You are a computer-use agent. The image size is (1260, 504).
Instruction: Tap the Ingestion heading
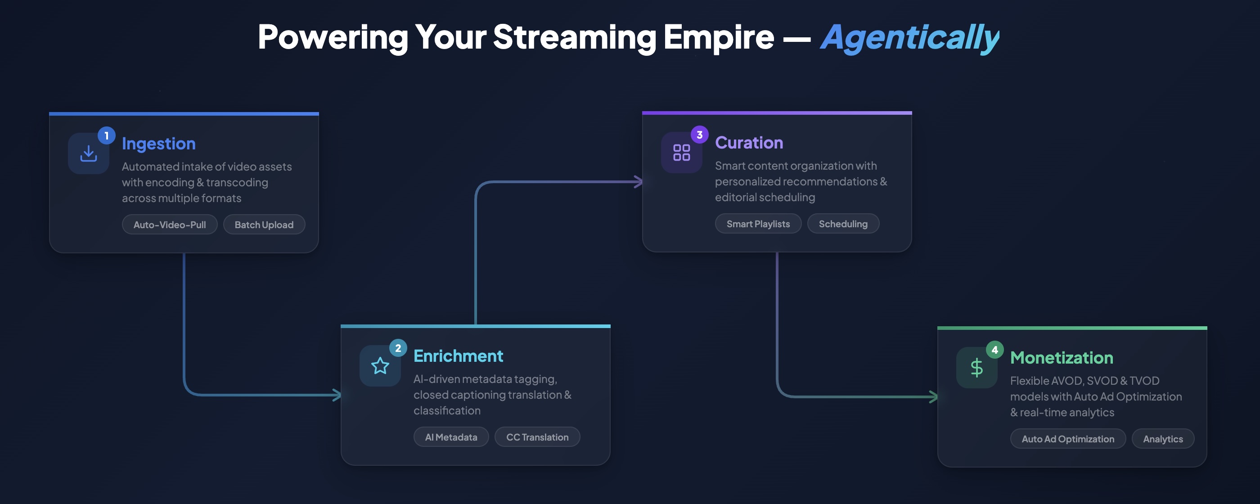pyautogui.click(x=158, y=144)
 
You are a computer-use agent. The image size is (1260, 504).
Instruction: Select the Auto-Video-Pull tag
pyautogui.click(x=169, y=225)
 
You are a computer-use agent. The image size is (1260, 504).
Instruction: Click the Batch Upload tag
pyautogui.click(x=264, y=225)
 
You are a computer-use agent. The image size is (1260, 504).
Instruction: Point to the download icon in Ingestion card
pyautogui.click(x=89, y=153)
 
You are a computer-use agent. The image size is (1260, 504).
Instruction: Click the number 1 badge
pyautogui.click(x=106, y=135)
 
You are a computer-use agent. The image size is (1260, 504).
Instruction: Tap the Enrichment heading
pyautogui.click(x=458, y=356)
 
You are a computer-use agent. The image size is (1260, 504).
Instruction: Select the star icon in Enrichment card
pyautogui.click(x=380, y=366)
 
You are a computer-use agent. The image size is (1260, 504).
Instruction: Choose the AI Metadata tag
pyautogui.click(x=450, y=437)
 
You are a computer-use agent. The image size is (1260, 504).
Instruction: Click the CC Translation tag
pyautogui.click(x=536, y=437)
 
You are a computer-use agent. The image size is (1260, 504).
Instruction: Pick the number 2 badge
pyautogui.click(x=398, y=348)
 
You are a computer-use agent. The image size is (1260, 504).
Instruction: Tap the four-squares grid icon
pyautogui.click(x=681, y=152)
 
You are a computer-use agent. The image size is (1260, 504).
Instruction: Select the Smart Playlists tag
pyautogui.click(x=758, y=224)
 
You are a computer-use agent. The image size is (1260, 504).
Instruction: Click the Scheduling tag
pyautogui.click(x=842, y=224)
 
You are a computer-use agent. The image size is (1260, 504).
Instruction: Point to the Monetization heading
pyautogui.click(x=1061, y=358)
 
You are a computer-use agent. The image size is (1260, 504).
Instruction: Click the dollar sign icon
pyautogui.click(x=976, y=368)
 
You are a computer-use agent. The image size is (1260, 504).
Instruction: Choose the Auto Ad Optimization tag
pyautogui.click(x=1067, y=439)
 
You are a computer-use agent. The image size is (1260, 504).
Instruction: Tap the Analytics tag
pyautogui.click(x=1162, y=439)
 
